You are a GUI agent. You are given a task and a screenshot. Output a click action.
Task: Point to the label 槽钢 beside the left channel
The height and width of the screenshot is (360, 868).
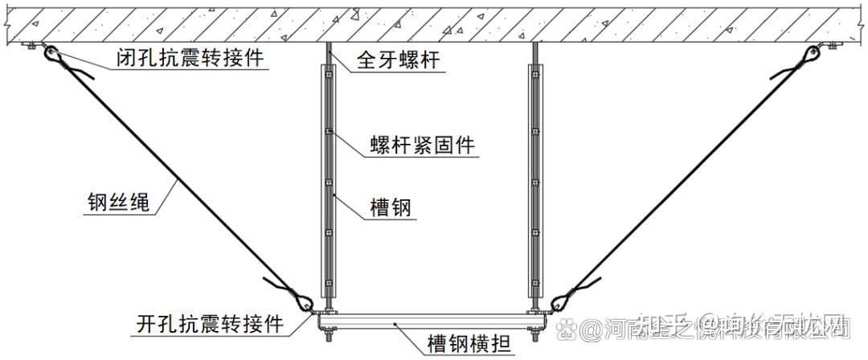pyautogui.click(x=391, y=209)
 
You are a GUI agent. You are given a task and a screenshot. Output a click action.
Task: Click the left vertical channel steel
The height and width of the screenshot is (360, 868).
pyautogui.click(x=328, y=185)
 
